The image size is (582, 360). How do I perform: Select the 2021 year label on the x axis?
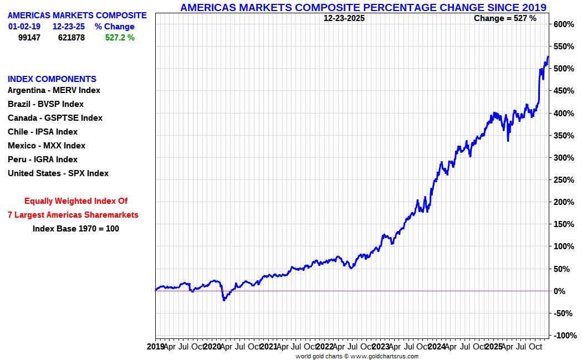point(268,347)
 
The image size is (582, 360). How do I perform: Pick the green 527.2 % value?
point(120,38)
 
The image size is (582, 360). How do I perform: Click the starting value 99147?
point(29,38)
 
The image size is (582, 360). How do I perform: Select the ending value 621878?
point(72,38)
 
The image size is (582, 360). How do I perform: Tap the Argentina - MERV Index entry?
point(54,90)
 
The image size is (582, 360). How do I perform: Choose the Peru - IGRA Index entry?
point(43,160)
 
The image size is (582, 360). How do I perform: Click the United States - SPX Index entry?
point(58,173)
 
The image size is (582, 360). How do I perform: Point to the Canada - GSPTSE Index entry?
point(55,118)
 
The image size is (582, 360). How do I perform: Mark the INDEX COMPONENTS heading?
point(52,79)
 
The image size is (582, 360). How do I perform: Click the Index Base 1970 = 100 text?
point(76,228)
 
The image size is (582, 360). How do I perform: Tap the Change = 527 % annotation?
point(505,18)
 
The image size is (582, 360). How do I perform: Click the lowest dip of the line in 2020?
point(224,300)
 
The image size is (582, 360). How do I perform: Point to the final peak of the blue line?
point(548,56)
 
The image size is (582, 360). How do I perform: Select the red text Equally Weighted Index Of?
point(76,201)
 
